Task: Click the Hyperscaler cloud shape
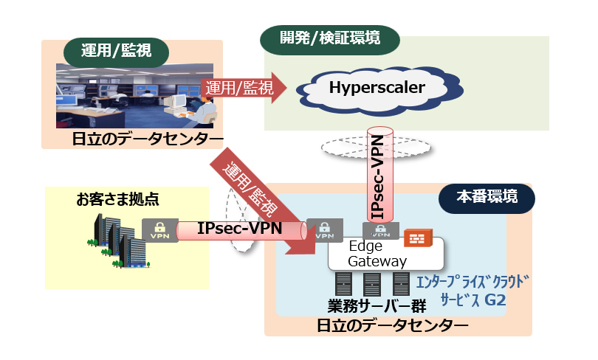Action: (x=377, y=89)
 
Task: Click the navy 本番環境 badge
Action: (x=487, y=197)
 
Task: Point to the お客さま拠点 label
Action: (x=117, y=200)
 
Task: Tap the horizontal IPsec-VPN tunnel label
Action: (x=240, y=228)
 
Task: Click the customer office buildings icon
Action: (x=117, y=238)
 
